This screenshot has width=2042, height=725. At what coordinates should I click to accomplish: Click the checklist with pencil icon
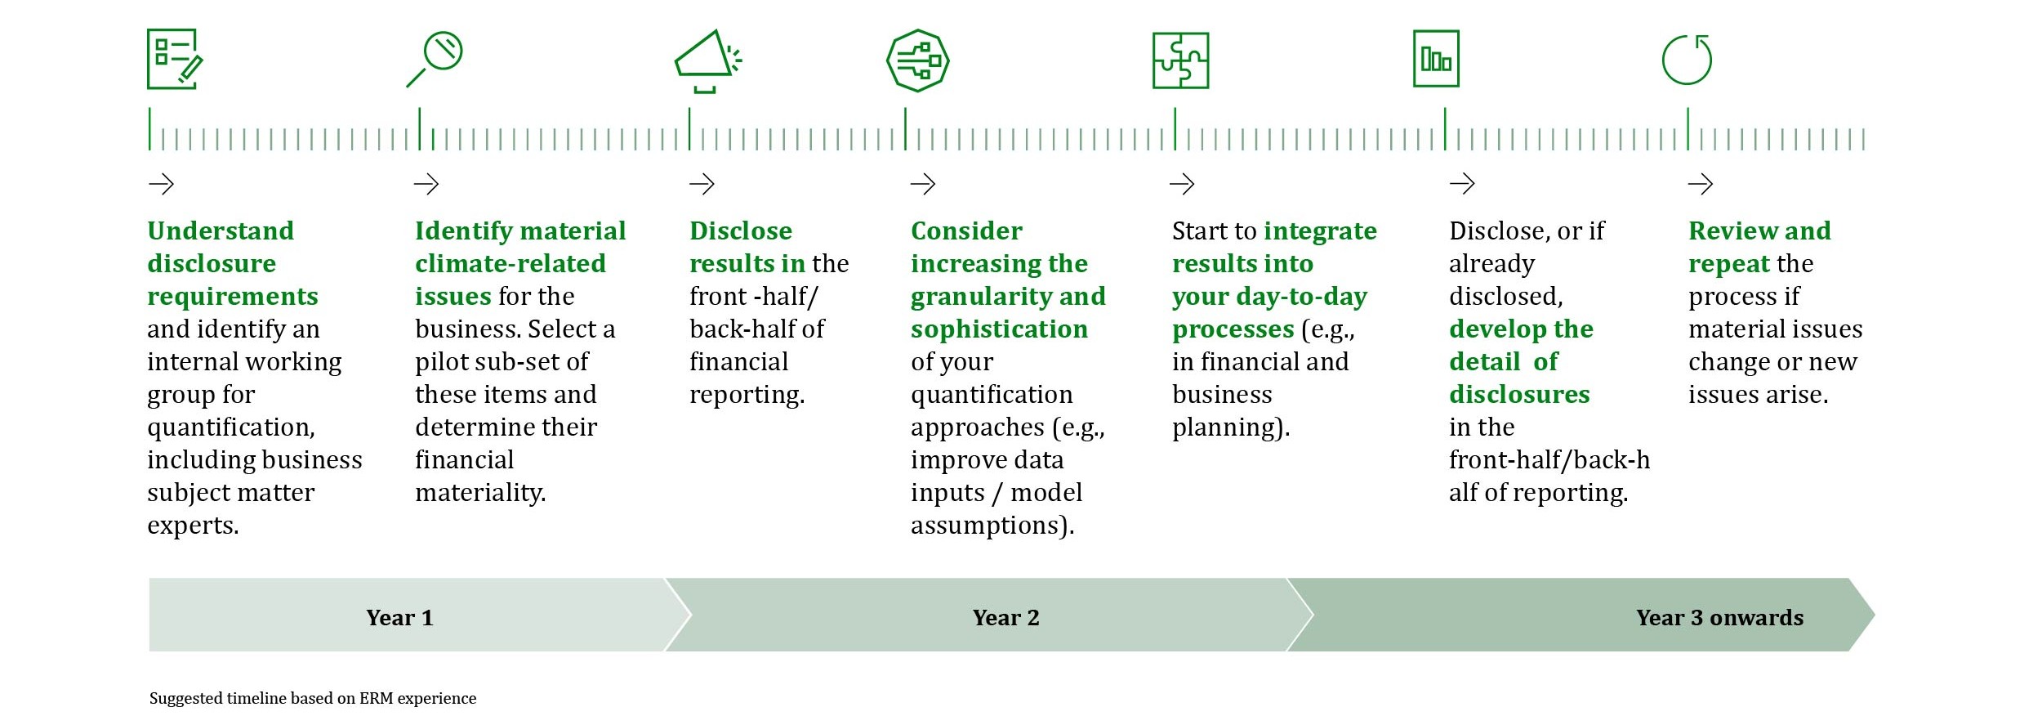(x=175, y=59)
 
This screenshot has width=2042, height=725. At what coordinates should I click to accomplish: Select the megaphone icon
(x=707, y=61)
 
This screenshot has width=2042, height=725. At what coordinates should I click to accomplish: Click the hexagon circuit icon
(x=917, y=60)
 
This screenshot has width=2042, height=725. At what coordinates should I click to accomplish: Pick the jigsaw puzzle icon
(x=1180, y=60)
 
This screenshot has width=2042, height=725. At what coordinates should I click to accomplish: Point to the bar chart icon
(x=1436, y=59)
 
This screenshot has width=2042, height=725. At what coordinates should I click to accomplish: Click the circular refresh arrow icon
(x=1687, y=60)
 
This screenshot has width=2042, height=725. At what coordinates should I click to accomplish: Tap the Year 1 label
(x=399, y=617)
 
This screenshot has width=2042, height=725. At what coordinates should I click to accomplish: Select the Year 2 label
(x=1005, y=617)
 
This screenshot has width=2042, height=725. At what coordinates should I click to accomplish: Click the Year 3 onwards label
(x=1719, y=617)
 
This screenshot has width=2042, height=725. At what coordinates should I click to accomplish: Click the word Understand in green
(x=221, y=230)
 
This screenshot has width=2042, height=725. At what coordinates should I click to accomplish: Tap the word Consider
(x=966, y=230)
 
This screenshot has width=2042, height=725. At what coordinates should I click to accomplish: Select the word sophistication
(x=999, y=329)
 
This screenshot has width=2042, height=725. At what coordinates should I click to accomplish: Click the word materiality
(x=480, y=493)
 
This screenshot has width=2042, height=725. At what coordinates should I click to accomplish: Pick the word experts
(x=193, y=526)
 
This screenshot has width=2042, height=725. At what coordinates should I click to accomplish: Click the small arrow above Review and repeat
(x=1700, y=184)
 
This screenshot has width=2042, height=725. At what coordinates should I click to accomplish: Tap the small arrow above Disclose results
(x=702, y=184)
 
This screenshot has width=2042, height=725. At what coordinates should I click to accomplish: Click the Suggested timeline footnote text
(x=313, y=698)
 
